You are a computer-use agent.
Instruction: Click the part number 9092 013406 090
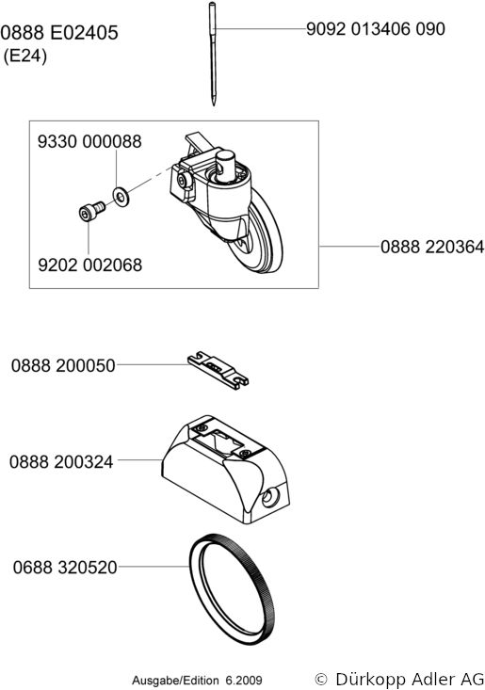[x=376, y=29]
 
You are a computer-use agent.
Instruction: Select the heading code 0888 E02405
[x=59, y=33]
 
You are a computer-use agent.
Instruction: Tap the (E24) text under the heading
[x=25, y=56]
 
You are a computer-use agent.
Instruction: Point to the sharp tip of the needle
[x=214, y=104]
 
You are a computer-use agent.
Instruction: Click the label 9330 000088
[x=89, y=142]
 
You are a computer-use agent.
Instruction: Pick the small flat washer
[x=121, y=196]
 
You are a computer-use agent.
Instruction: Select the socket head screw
[x=91, y=211]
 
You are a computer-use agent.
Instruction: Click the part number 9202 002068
[x=90, y=265]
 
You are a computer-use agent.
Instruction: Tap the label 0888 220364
[x=432, y=247]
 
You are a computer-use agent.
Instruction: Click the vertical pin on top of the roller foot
[x=225, y=165]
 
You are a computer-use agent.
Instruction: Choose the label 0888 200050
[x=63, y=365]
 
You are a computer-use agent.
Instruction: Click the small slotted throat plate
[x=218, y=371]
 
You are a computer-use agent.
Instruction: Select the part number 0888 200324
[x=61, y=462]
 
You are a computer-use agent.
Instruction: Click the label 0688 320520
[x=65, y=568]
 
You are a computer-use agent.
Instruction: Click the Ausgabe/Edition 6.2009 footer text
[x=197, y=681]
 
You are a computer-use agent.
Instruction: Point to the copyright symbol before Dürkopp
[x=322, y=679]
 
